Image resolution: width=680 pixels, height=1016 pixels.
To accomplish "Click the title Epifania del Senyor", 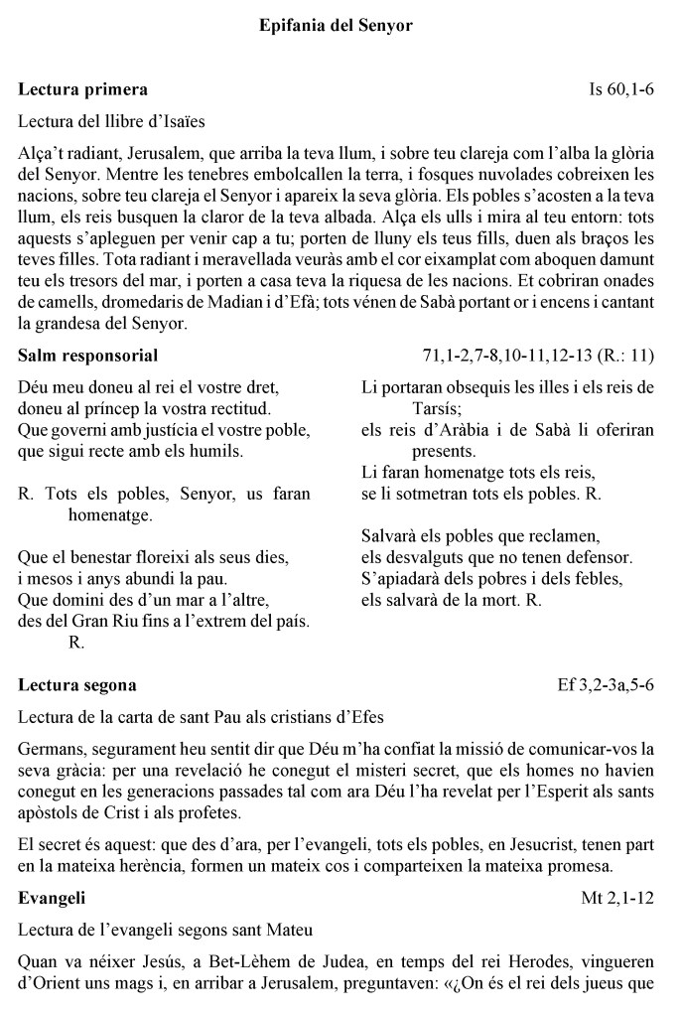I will click(x=336, y=25).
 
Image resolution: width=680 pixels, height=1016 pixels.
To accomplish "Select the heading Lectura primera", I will click(x=83, y=89).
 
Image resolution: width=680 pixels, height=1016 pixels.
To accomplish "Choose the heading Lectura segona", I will click(x=77, y=685).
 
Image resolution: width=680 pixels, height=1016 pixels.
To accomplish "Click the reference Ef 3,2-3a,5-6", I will click(x=607, y=685).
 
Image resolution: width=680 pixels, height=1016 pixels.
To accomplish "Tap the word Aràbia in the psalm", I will click(x=465, y=428).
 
